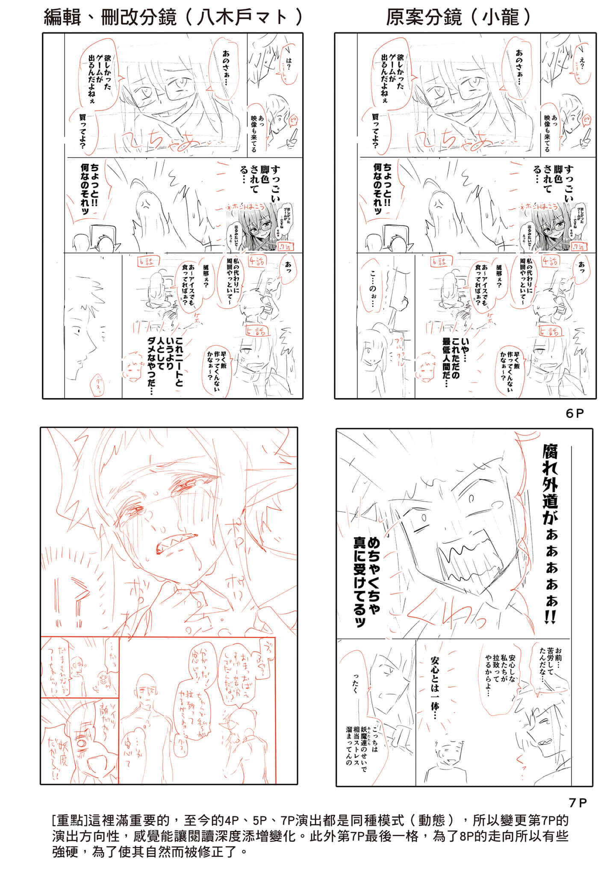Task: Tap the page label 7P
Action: coord(577,802)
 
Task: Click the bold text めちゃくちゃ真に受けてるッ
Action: coord(365,582)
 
